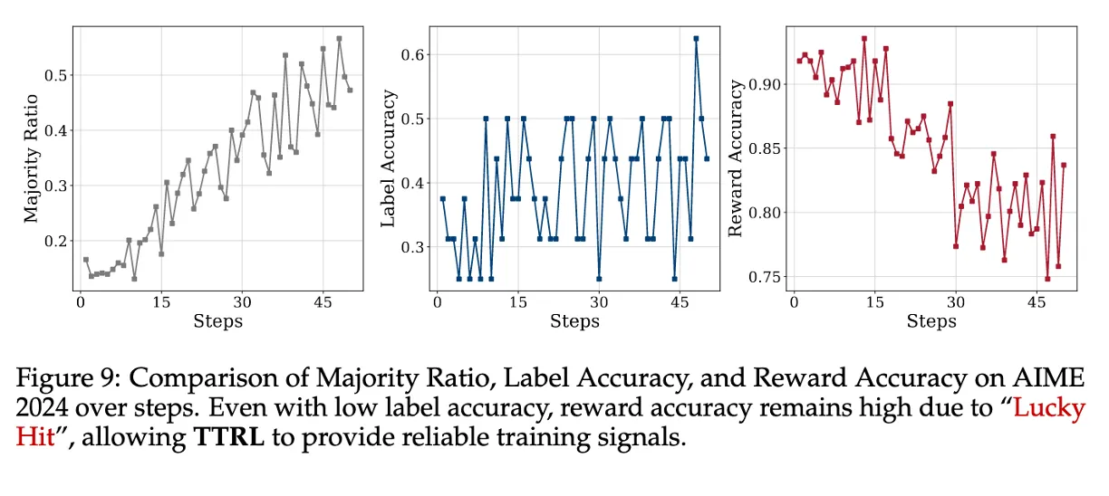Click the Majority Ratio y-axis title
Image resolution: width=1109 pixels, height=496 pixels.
pyautogui.click(x=33, y=159)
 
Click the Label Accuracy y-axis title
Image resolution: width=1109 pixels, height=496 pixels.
pyautogui.click(x=389, y=159)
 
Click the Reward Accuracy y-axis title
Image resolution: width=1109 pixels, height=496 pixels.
pyautogui.click(x=736, y=159)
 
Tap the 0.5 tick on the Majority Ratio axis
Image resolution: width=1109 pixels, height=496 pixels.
pyautogui.click(x=56, y=75)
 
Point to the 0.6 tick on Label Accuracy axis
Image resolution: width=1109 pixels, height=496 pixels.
pyautogui.click(x=413, y=54)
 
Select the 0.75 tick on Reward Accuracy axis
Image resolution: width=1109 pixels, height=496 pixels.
pyautogui.click(x=763, y=277)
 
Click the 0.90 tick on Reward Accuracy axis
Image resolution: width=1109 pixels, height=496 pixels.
pyautogui.click(x=763, y=84)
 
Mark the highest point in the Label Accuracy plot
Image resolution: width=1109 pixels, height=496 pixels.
pyautogui.click(x=696, y=39)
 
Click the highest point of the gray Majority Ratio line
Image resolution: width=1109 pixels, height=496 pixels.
pyautogui.click(x=339, y=39)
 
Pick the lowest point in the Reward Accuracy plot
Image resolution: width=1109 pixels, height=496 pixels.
pyautogui.click(x=1047, y=279)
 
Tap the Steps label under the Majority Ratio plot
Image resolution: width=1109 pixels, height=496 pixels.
pyautogui.click(x=217, y=320)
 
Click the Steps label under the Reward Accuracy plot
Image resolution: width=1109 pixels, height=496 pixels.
pyautogui.click(x=931, y=320)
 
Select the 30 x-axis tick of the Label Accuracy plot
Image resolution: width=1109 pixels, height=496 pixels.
pyautogui.click(x=598, y=303)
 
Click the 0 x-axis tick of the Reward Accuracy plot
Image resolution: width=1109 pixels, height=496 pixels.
pyautogui.click(x=794, y=303)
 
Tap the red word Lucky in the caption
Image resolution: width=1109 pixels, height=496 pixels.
pyautogui.click(x=1048, y=408)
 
